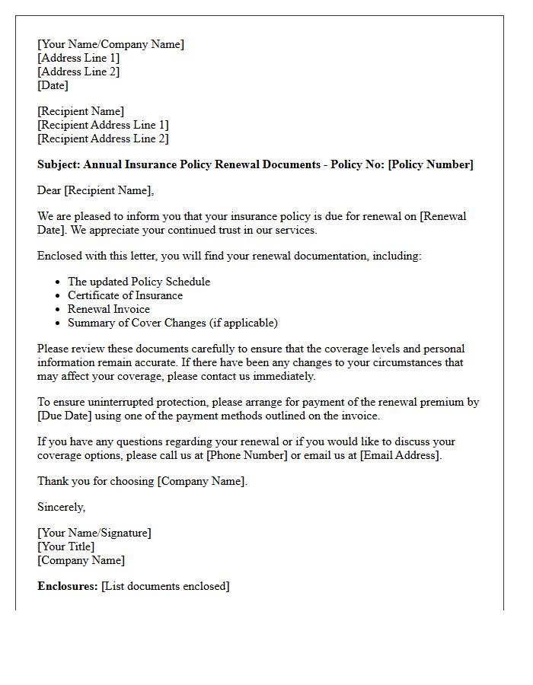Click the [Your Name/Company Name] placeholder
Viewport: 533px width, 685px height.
[110, 44]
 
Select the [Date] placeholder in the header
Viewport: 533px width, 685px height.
[53, 85]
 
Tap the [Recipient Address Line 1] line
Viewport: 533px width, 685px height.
[103, 125]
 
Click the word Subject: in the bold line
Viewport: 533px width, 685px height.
[59, 164]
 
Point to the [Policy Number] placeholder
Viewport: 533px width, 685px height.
[430, 164]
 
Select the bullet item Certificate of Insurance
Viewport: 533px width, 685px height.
[125, 295]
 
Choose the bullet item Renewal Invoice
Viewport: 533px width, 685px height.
[109, 309]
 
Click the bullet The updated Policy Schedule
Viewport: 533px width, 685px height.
[139, 282]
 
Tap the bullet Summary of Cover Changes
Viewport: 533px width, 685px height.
[173, 323]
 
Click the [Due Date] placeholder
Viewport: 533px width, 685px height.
[64, 416]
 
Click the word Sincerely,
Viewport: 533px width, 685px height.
[62, 507]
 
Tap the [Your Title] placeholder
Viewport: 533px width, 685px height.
[66, 546]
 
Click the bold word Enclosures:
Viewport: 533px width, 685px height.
[68, 586]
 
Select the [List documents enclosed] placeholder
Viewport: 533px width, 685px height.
[165, 586]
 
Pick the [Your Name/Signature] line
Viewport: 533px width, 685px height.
[94, 533]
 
